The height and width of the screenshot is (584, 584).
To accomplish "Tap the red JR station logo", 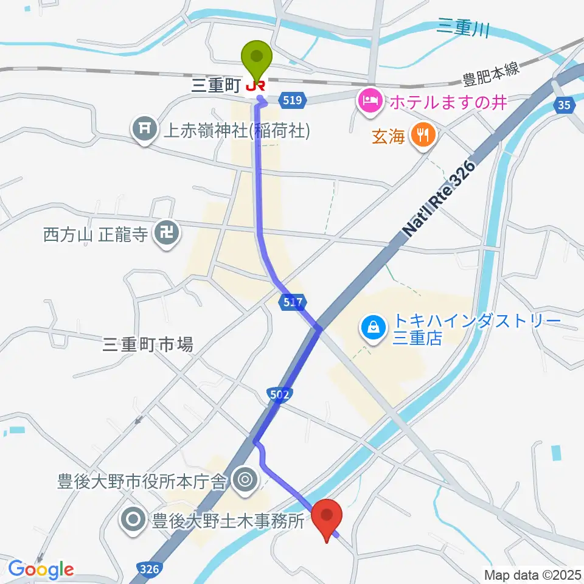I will click(255, 86).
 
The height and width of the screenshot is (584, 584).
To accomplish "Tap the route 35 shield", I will click(565, 106).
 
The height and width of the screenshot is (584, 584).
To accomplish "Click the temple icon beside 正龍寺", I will click(164, 234).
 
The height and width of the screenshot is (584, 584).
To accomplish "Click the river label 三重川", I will click(464, 27).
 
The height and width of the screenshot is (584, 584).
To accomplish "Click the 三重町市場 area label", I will click(148, 345).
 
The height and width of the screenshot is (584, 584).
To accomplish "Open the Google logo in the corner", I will click(41, 569).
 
